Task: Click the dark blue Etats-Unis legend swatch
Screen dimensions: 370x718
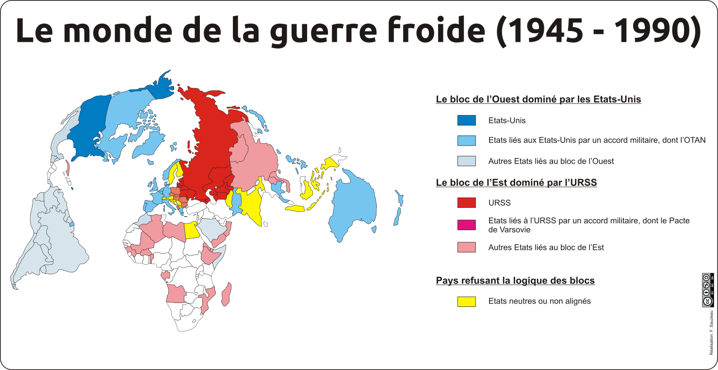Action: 466,120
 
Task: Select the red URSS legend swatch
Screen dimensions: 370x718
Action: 466,202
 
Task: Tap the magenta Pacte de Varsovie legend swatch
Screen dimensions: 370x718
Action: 466,225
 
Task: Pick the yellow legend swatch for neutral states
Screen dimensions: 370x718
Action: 466,301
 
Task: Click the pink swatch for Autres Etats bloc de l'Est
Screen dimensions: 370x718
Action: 466,247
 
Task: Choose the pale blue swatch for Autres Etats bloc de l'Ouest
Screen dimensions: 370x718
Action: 466,161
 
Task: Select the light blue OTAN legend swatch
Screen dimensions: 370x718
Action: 466,140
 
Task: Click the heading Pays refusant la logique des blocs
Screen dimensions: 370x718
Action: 515,281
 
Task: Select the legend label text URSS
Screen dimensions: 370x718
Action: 499,202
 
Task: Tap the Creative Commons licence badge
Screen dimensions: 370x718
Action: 708,290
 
